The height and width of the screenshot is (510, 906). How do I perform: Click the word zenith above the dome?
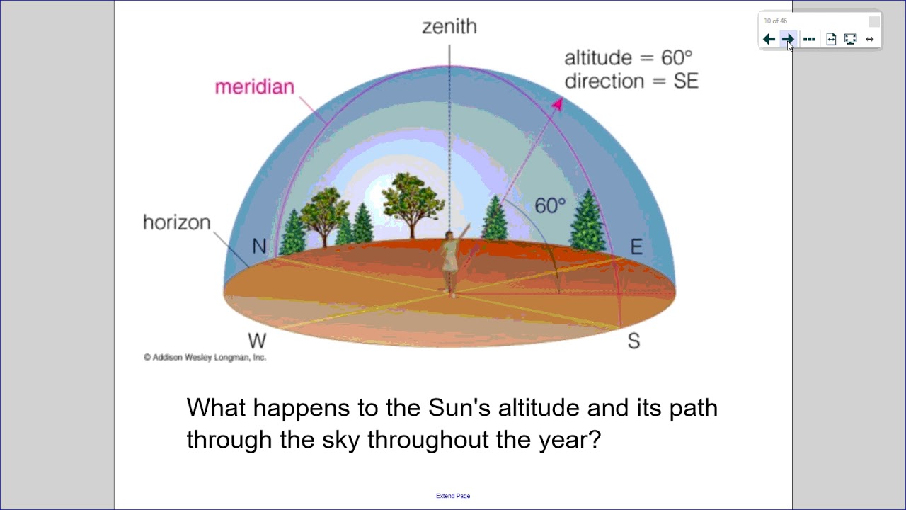tap(449, 27)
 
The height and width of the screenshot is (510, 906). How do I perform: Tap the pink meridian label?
tap(254, 87)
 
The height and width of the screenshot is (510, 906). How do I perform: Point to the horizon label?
tap(177, 222)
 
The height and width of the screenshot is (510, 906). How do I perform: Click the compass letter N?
tap(259, 246)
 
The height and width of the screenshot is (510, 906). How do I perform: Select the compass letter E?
tap(636, 247)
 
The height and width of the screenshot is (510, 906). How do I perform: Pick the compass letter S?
tap(633, 341)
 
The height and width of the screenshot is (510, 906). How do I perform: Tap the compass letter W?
tap(257, 341)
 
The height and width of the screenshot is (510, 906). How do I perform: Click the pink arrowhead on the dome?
tap(557, 106)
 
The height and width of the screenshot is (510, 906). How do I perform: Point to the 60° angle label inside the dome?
tap(550, 206)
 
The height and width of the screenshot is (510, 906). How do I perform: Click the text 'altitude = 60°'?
tap(628, 57)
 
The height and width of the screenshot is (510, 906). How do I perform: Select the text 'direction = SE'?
tap(631, 81)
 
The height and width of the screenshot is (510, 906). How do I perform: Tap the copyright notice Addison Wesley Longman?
tap(205, 357)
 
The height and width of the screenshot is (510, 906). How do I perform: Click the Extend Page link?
tap(453, 496)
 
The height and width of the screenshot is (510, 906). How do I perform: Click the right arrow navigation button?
tap(788, 40)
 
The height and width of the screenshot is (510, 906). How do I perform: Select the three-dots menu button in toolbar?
tap(810, 40)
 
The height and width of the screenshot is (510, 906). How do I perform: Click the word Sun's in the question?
tap(459, 408)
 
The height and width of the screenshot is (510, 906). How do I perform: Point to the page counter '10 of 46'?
tap(775, 21)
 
